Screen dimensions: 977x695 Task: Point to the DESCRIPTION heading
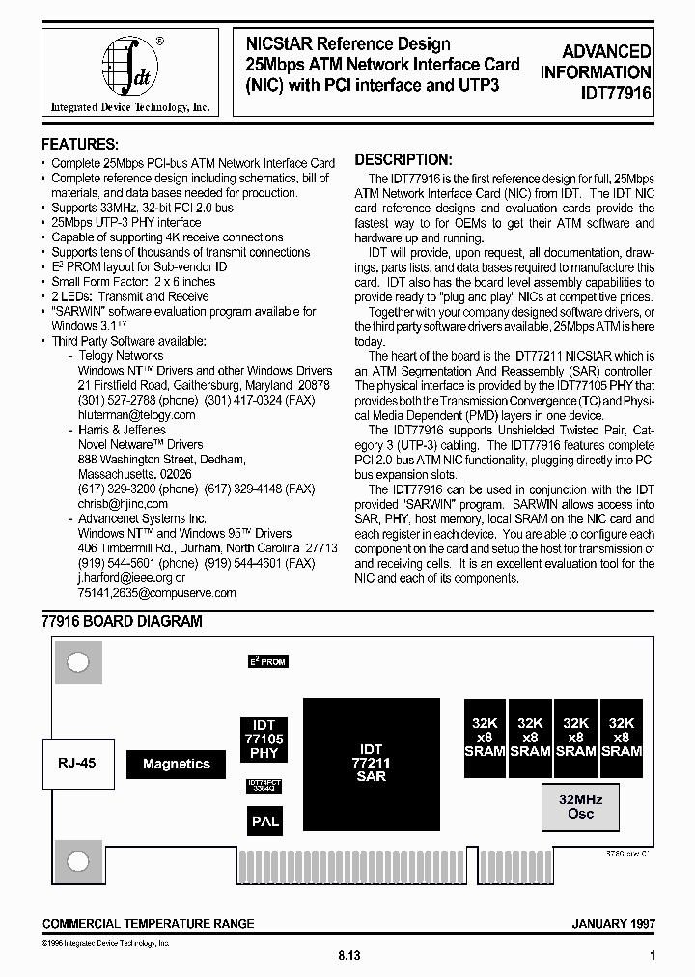coord(403,160)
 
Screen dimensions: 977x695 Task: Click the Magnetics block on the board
coord(177,764)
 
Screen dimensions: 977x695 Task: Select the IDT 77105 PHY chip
coord(264,739)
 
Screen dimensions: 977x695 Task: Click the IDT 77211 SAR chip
coord(372,763)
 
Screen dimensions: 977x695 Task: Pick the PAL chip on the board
coord(264,822)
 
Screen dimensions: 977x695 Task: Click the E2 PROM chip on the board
coord(267,661)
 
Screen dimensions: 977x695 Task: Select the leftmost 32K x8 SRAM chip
coord(486,737)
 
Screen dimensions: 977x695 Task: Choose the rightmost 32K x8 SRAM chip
coord(622,737)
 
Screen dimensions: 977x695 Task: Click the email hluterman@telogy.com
coord(136,414)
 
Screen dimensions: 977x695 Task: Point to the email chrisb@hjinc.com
coord(123,503)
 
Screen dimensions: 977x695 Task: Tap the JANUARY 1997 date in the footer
coord(614,924)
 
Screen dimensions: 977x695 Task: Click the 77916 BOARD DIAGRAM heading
coord(123,622)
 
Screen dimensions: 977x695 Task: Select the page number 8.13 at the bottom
coord(348,955)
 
